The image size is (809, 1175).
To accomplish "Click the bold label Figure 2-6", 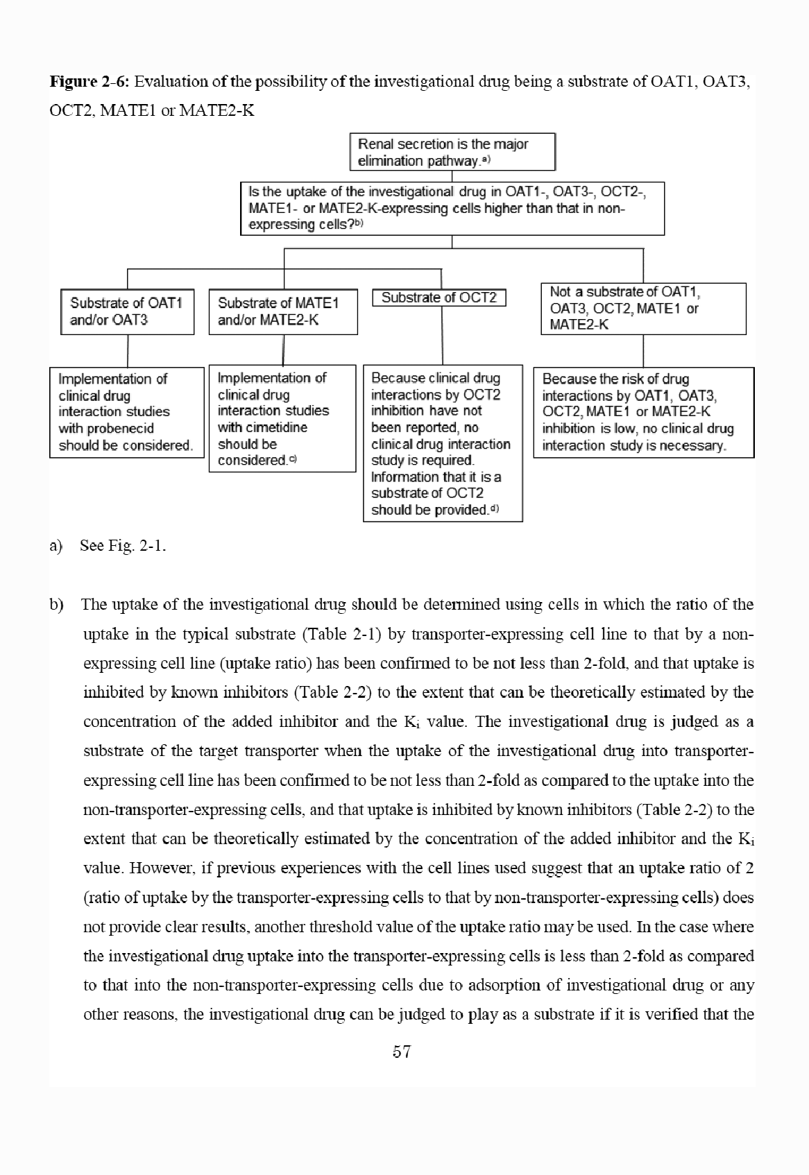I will [89, 82].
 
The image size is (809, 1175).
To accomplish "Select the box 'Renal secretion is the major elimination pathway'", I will [452, 152].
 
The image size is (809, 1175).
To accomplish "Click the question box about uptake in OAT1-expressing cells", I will [452, 208].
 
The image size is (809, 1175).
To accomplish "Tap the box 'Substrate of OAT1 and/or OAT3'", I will [127, 311].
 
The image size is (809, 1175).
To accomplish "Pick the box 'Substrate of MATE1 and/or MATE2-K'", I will [282, 311].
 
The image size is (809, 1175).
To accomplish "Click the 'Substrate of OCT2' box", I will [439, 298].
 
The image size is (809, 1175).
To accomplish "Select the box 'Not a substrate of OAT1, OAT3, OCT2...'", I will [642, 308].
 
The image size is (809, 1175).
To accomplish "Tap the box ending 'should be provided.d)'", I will [442, 443].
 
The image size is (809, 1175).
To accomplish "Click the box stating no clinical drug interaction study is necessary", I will [643, 412].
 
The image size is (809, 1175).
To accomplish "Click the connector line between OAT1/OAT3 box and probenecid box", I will [128, 351].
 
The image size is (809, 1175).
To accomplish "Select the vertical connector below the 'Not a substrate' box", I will [643, 351].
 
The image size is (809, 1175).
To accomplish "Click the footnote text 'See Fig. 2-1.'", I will [123, 545].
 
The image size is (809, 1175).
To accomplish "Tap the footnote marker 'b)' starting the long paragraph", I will [56, 604].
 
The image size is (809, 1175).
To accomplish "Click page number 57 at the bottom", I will [402, 1052].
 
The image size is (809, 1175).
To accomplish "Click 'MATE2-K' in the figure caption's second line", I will [216, 110].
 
